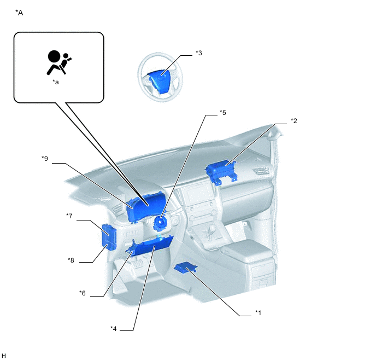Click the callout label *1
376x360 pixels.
258,313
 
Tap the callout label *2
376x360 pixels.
294,121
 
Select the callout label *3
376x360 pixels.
199,53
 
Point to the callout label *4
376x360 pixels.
114,329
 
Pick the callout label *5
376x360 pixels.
223,113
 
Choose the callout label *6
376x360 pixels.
82,293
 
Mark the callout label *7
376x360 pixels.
69,216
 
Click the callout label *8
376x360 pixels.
70,260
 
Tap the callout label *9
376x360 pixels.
45,159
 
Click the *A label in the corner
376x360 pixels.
19,13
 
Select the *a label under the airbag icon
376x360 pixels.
56,82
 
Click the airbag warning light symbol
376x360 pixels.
59,62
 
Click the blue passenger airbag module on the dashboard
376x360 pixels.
221,171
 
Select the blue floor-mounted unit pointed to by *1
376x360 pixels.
186,268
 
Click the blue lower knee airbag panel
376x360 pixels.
150,247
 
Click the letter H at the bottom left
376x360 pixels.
4,356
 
